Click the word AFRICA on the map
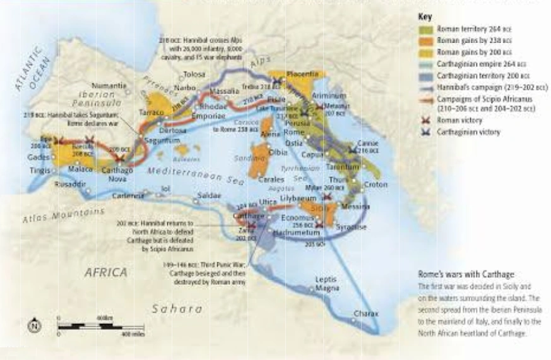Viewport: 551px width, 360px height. tap(105, 272)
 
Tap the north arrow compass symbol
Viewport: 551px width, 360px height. tap(32, 326)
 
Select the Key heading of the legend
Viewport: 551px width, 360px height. tap(426, 19)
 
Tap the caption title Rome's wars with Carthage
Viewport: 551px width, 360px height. tap(466, 275)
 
